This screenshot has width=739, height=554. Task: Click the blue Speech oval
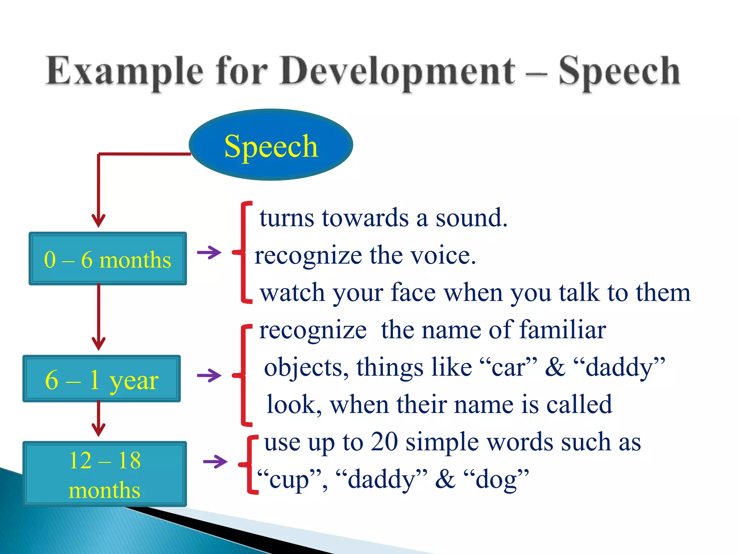tap(271, 145)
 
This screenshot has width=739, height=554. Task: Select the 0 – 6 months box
tap(108, 259)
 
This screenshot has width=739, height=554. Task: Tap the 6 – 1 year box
tap(102, 379)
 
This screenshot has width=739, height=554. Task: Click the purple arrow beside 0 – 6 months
tap(209, 252)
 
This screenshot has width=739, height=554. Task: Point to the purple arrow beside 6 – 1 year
tap(209, 375)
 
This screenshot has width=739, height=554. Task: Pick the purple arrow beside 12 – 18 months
tap(215, 461)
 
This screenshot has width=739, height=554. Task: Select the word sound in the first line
tap(471, 218)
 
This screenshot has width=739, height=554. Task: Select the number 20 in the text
tap(384, 441)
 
